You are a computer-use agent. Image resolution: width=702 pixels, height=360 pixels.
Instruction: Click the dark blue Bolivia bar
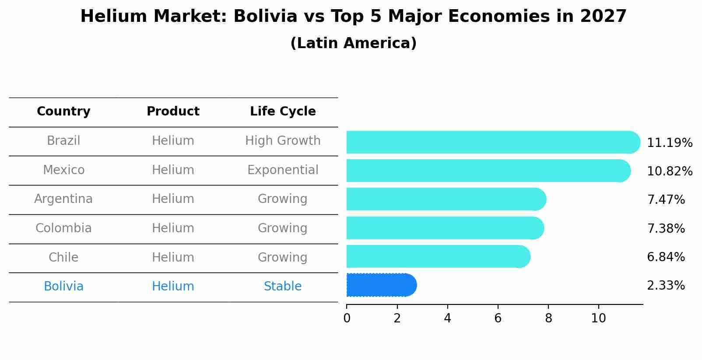[381, 285]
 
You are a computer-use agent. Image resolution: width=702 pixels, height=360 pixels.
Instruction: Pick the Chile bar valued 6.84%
[438, 256]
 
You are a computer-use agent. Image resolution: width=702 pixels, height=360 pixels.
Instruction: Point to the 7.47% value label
[666, 200]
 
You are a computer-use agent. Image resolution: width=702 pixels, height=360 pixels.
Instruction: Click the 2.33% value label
[666, 286]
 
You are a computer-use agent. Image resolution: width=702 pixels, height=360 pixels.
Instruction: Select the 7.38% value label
[666, 228]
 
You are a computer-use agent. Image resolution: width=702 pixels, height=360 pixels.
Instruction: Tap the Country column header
[63, 112]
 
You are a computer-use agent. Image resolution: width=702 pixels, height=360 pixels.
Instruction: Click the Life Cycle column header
[283, 112]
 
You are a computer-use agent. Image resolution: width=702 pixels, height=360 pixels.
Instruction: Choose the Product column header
[173, 112]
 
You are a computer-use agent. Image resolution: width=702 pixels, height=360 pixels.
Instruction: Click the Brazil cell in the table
[63, 141]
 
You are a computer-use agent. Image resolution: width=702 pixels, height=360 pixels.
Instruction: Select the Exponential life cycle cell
[283, 170]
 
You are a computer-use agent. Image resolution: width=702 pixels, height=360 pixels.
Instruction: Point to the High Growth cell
[283, 141]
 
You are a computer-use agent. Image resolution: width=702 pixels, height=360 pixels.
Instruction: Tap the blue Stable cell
[283, 287]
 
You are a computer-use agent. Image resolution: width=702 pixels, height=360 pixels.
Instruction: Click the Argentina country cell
[63, 199]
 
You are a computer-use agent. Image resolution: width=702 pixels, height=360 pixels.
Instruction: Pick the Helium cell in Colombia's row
[173, 228]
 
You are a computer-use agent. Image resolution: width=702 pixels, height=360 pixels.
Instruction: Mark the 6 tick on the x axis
[498, 318]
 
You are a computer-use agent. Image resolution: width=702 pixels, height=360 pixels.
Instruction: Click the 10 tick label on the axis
[598, 318]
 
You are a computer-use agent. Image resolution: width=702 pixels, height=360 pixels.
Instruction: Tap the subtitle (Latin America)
[353, 43]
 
